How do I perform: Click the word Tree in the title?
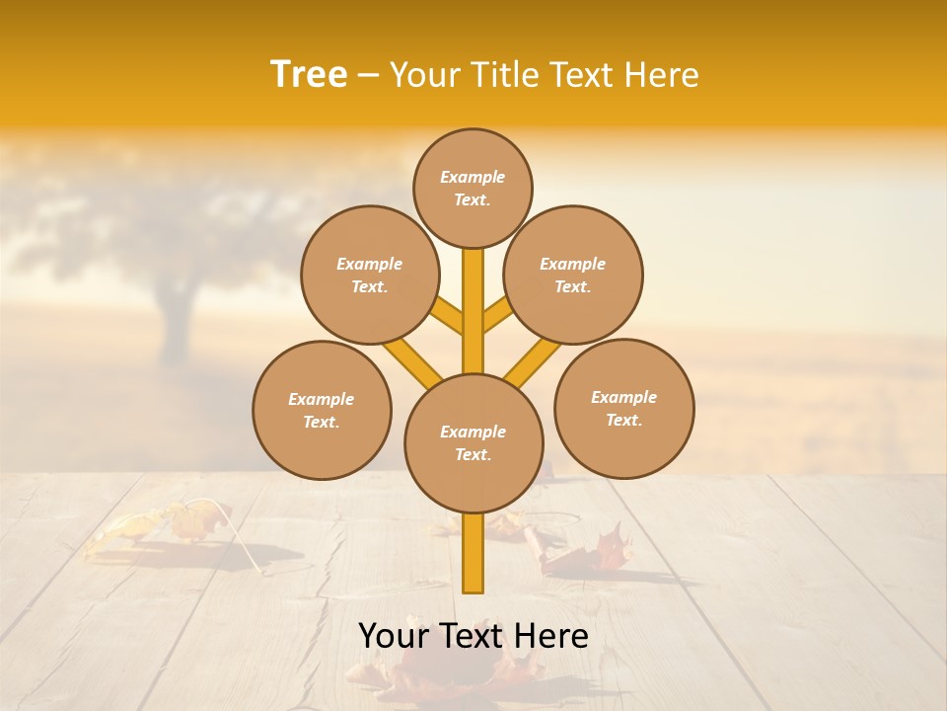click(309, 75)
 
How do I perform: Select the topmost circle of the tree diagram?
click(473, 188)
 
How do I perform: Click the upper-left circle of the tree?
click(369, 275)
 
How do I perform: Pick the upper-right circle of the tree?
click(573, 275)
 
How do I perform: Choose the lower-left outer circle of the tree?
click(322, 410)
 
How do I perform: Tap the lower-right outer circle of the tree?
click(623, 408)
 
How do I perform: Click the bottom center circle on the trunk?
click(473, 443)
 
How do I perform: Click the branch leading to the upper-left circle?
click(449, 316)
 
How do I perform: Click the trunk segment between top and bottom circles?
click(473, 311)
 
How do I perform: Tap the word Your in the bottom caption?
click(393, 636)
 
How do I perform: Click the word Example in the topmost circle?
click(473, 177)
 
